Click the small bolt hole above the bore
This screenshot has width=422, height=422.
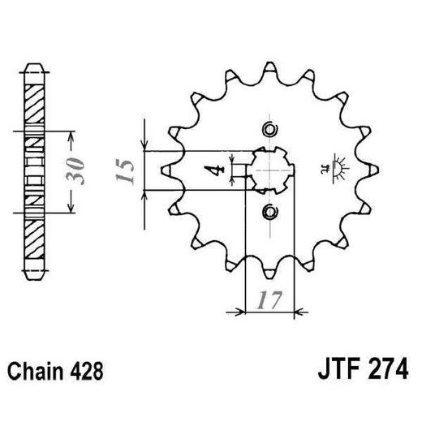(x=269, y=129)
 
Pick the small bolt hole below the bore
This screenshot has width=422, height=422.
(x=269, y=212)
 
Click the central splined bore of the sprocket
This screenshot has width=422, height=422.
(x=269, y=170)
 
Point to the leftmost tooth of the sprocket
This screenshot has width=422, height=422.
(x=165, y=170)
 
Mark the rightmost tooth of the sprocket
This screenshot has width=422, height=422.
(x=374, y=170)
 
